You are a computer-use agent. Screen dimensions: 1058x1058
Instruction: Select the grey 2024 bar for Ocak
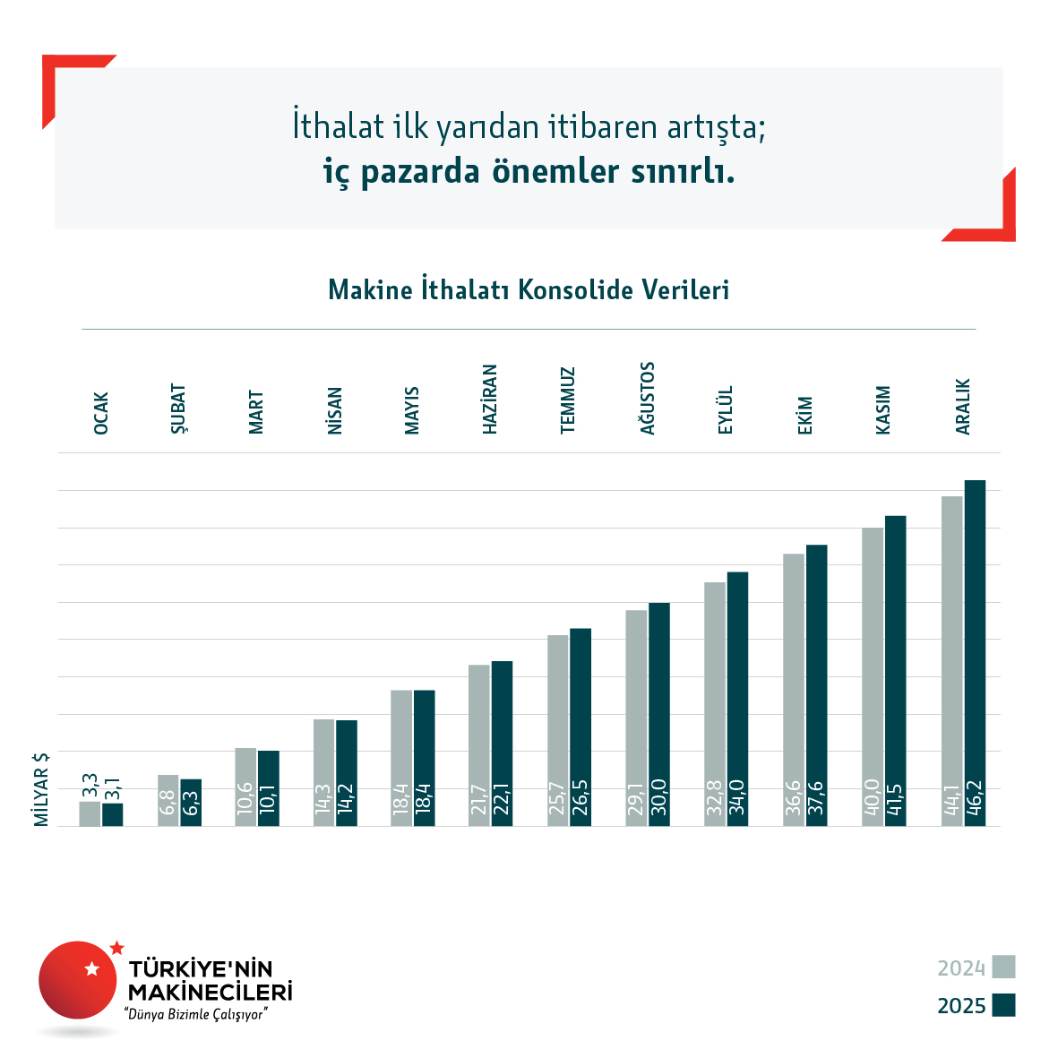(90, 813)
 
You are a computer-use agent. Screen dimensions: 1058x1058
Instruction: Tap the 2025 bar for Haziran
(503, 743)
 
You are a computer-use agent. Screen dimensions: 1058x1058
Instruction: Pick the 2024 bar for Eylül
(715, 703)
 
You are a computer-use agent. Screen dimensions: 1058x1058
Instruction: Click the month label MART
(256, 412)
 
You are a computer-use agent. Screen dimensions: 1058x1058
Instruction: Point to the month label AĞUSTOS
(648, 398)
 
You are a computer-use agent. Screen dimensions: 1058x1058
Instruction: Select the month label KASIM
(883, 410)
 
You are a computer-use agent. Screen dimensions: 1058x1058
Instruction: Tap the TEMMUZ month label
(568, 400)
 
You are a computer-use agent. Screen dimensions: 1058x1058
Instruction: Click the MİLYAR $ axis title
(41, 789)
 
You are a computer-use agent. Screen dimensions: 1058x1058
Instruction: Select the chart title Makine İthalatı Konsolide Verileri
(529, 290)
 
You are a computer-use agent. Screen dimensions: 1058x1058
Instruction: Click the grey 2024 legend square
(1003, 968)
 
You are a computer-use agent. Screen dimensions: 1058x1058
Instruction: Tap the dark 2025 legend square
(1003, 1005)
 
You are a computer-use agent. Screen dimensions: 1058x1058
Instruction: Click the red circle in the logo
(78, 980)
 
